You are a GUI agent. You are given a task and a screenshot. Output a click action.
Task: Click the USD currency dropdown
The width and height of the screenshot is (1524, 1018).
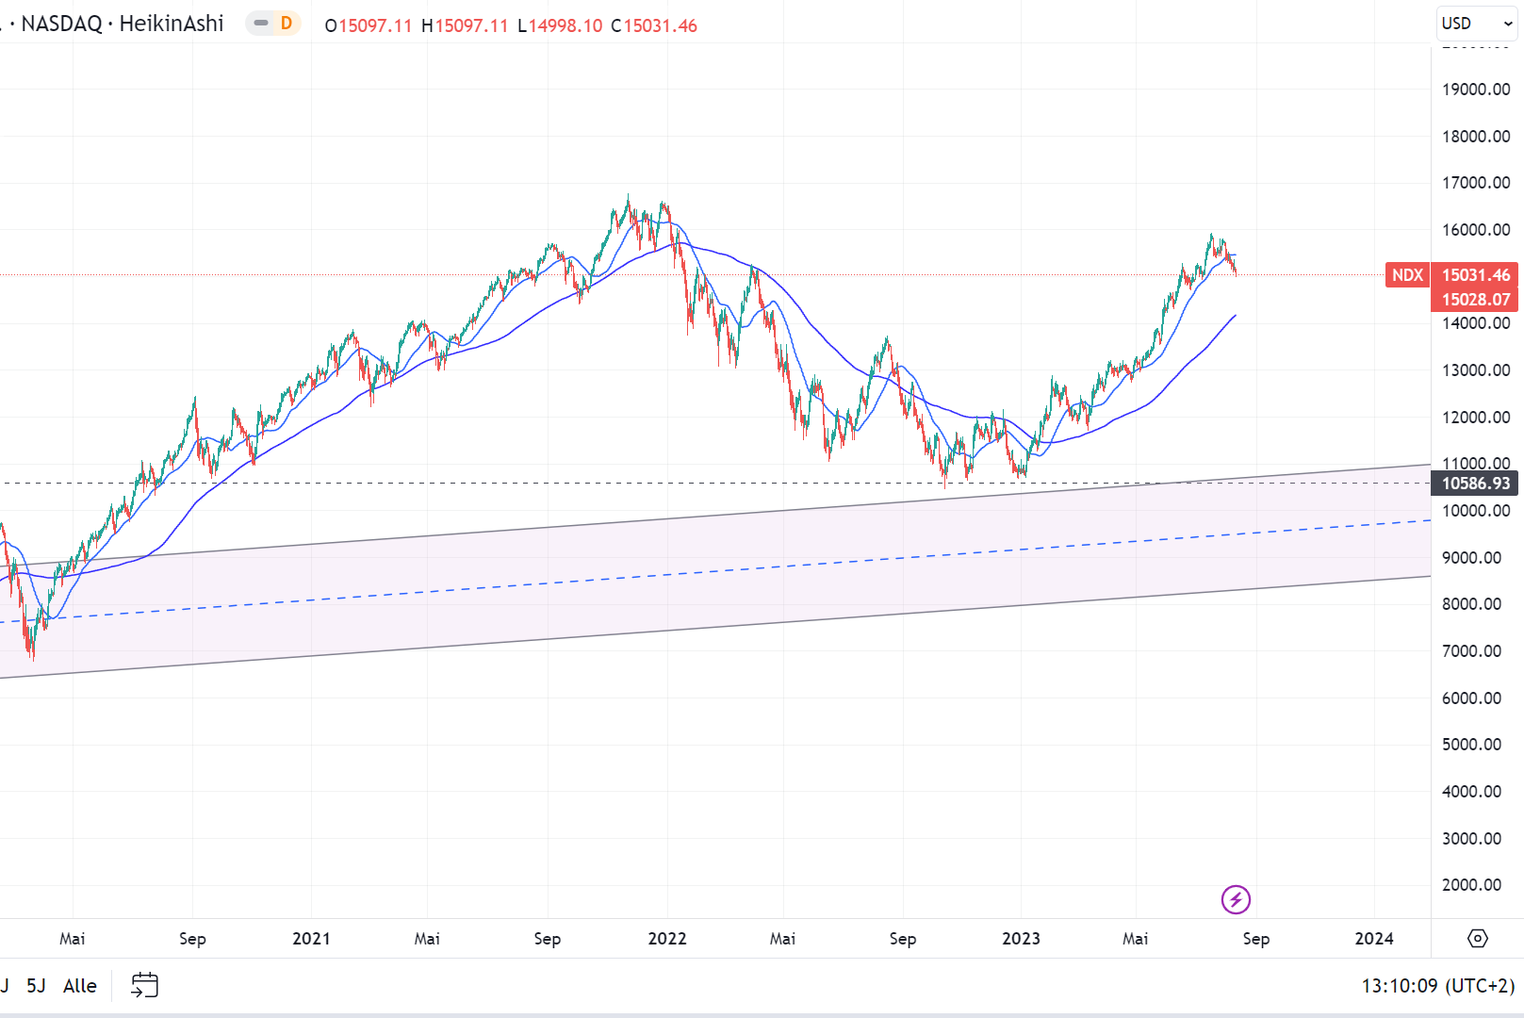click(x=1475, y=24)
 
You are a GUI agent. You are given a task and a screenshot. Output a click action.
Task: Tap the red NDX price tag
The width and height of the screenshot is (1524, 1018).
click(x=1407, y=275)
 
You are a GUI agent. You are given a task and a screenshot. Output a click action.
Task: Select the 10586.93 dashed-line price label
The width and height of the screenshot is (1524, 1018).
click(x=1475, y=484)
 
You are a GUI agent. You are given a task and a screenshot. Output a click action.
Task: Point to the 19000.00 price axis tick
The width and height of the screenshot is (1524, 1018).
click(x=1475, y=90)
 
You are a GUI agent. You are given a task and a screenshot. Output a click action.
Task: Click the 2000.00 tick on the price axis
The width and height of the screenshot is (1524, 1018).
click(x=1471, y=885)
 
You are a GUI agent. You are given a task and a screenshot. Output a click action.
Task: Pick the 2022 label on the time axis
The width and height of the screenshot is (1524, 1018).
click(x=667, y=939)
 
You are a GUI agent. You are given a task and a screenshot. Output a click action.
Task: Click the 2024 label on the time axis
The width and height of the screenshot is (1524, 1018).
click(x=1374, y=939)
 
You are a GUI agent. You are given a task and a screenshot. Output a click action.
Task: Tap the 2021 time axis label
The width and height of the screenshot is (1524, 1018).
click(x=311, y=939)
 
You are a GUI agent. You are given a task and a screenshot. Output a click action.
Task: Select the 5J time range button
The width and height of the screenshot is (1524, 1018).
click(x=36, y=986)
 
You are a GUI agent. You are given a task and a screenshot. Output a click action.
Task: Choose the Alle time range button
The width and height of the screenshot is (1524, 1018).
click(x=80, y=986)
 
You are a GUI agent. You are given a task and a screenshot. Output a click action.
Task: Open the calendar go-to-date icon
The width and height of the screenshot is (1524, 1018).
click(x=144, y=986)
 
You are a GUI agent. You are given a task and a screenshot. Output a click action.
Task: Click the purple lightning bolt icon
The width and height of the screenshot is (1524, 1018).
click(x=1236, y=900)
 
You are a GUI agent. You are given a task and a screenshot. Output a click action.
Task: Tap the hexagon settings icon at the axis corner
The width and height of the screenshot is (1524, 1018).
click(x=1478, y=939)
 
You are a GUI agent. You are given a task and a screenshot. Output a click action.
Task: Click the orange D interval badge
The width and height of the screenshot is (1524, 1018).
click(x=287, y=24)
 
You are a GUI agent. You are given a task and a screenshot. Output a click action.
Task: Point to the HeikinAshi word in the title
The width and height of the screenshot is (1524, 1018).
click(x=172, y=24)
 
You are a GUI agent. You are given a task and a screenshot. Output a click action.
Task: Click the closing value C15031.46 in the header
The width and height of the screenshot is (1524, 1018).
click(x=654, y=25)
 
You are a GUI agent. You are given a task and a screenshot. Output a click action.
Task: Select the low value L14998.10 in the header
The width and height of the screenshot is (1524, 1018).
click(x=560, y=25)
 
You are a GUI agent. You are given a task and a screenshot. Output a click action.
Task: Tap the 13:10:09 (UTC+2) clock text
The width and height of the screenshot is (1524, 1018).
click(x=1437, y=986)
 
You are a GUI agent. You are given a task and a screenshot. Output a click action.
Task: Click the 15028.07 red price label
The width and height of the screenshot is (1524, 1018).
click(x=1475, y=300)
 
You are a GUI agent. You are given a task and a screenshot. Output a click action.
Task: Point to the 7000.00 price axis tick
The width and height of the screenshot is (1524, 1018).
click(x=1471, y=651)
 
